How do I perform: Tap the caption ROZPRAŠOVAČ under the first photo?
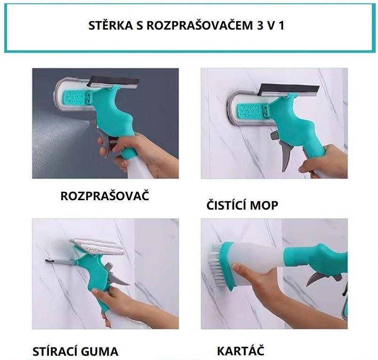tap(104, 196)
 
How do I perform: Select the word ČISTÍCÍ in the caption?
tap(229, 205)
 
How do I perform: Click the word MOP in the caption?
tap(266, 205)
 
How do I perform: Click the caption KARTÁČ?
tap(240, 351)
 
